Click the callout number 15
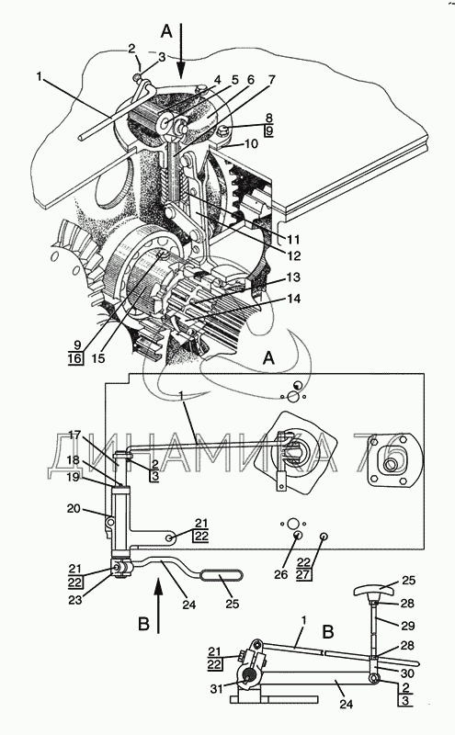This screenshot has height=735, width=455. [x=98, y=358]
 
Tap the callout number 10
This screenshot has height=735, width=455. [x=252, y=143]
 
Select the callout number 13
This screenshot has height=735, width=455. [x=293, y=277]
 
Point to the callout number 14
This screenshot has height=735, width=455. [x=293, y=299]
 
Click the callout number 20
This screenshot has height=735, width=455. [x=74, y=508]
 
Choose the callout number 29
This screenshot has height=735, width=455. [x=407, y=626]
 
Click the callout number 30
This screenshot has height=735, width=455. [x=407, y=673]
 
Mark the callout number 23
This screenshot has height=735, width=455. [x=75, y=600]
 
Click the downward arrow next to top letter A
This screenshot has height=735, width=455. [x=181, y=51]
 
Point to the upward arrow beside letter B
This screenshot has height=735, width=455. [x=158, y=606]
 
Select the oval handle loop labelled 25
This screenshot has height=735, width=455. [x=222, y=575]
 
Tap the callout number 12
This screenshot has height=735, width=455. [x=294, y=256]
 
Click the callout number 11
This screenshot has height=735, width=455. [x=293, y=240]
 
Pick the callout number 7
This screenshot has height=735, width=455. [x=270, y=80]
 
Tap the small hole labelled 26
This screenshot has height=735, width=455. [x=298, y=536]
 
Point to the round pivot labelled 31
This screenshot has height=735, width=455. [x=248, y=676]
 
